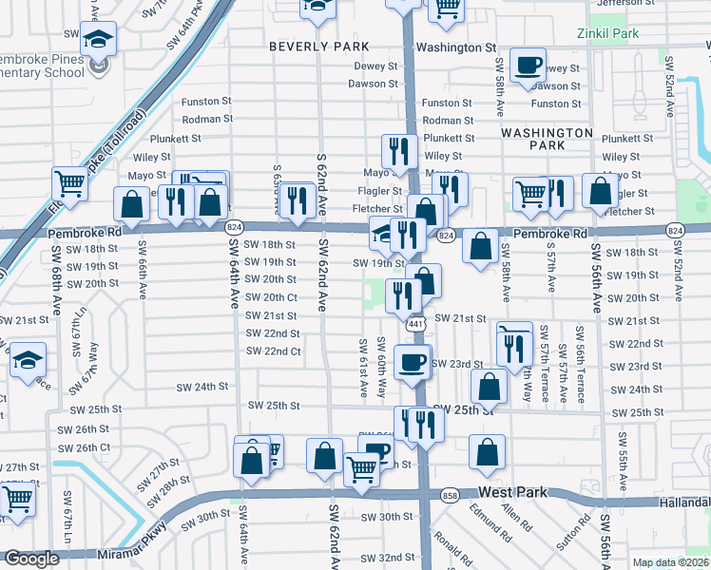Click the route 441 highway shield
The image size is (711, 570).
tap(415, 325)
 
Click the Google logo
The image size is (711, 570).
tap(30, 560)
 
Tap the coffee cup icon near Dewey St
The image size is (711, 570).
tap(528, 66)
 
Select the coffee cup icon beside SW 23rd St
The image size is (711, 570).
tap(412, 362)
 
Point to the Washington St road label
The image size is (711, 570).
tap(456, 47)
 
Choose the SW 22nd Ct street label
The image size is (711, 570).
tap(273, 351)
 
